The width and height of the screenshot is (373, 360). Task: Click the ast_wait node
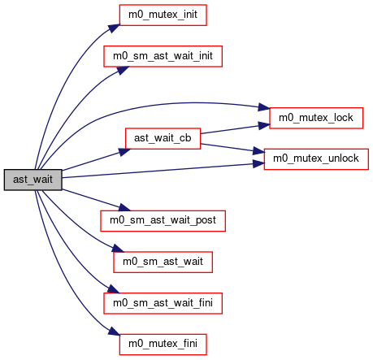point(33,180)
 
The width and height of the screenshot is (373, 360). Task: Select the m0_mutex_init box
point(163,15)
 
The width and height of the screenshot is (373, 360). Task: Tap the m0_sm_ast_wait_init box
point(163,56)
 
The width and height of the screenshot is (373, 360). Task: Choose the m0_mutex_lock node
point(316,118)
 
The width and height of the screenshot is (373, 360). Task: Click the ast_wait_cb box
point(163,139)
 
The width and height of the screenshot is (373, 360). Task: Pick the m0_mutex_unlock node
point(316,159)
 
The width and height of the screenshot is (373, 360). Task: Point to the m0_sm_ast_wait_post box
point(163,221)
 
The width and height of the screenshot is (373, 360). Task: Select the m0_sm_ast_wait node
point(163,262)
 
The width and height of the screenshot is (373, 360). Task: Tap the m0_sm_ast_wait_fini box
point(163,303)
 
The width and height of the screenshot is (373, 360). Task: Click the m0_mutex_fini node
point(163,345)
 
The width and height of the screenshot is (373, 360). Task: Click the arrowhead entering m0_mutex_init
point(115,28)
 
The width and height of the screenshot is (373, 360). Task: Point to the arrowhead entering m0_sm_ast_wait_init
point(123,70)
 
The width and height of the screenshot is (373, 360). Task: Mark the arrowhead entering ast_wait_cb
point(124,152)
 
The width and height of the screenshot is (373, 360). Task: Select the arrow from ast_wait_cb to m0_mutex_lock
point(235,129)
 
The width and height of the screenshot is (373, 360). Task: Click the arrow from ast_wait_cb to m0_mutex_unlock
point(232,149)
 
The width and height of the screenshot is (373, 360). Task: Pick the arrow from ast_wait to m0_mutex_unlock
point(163,171)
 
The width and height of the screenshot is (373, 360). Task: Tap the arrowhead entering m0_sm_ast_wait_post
point(124,208)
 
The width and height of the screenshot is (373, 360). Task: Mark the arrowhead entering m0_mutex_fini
point(114,332)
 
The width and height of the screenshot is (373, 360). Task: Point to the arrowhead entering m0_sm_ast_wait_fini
point(113,289)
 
